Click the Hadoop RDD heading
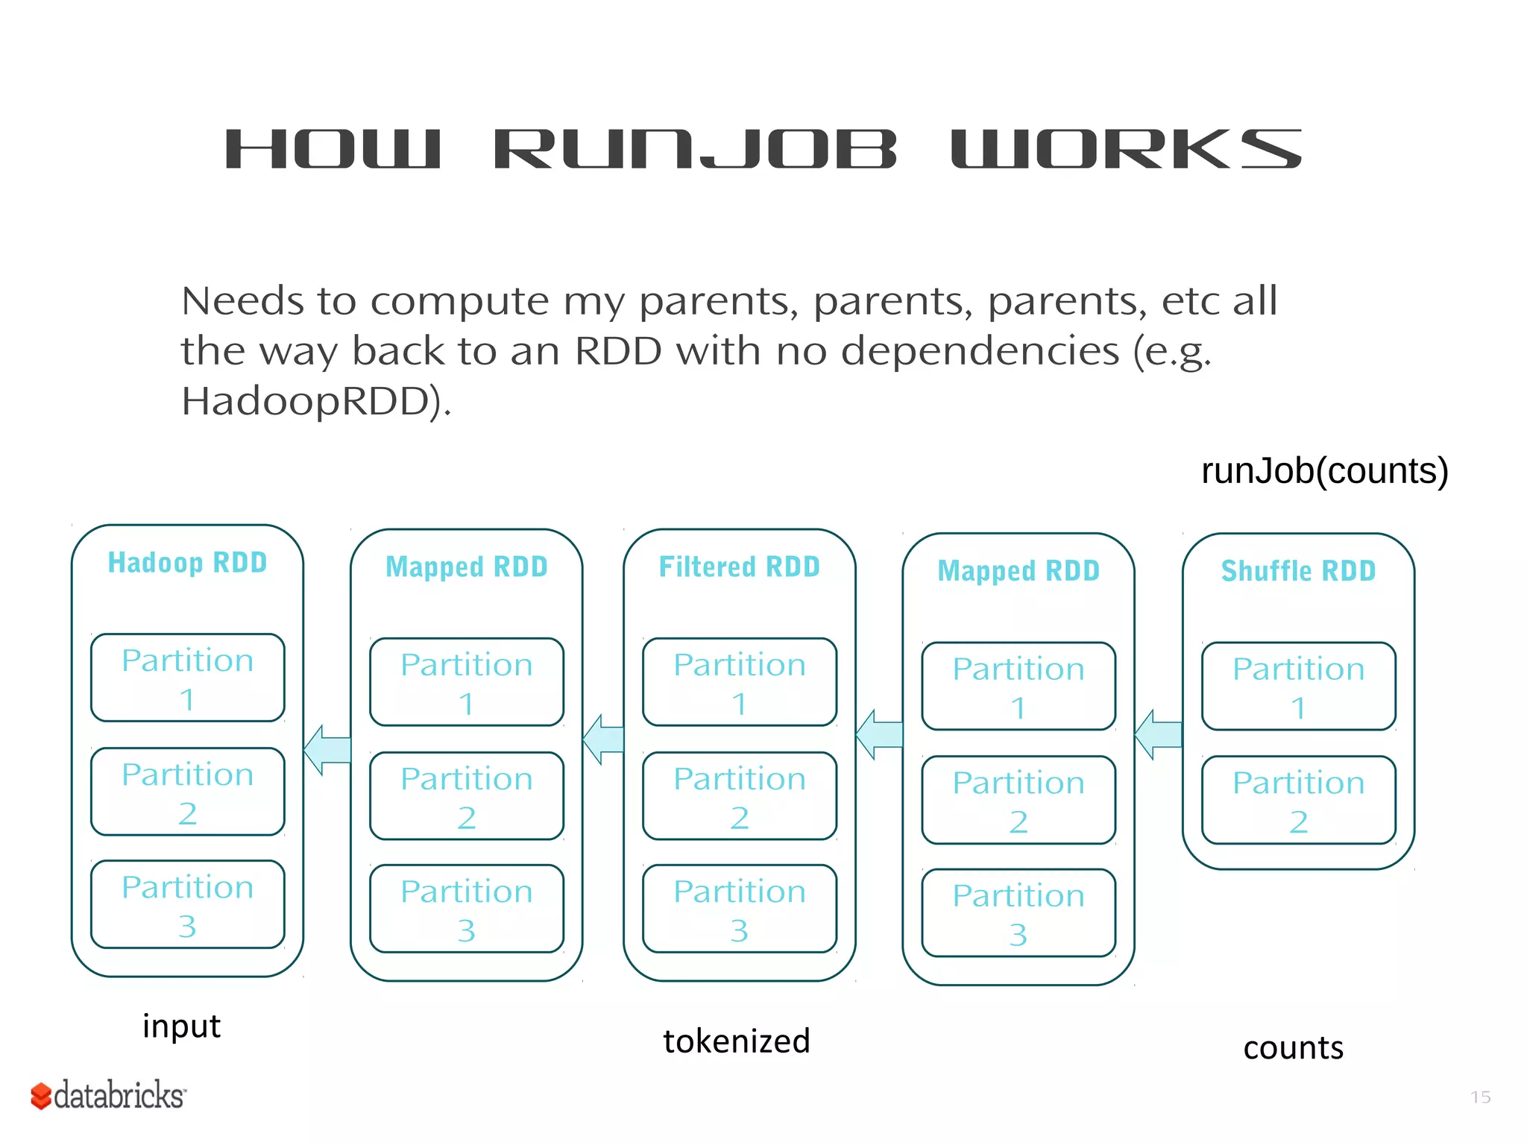(187, 563)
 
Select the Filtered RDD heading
(739, 567)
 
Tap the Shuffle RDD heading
(1298, 571)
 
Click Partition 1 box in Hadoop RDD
(187, 678)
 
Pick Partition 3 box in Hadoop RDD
(187, 904)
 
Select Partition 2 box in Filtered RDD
(739, 795)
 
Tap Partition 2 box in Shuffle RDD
(1298, 800)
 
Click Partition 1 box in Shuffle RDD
(1298, 686)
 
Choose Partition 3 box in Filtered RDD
(739, 909)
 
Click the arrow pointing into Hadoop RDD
(327, 749)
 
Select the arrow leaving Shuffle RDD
(1158, 734)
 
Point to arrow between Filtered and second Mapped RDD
(879, 734)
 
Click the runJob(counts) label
(1324, 471)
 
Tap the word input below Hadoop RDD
(181, 1026)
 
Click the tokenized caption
(736, 1041)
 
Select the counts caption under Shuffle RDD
(1293, 1048)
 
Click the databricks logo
(108, 1096)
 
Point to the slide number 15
(1480, 1097)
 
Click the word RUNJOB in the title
(695, 149)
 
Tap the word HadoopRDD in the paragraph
(313, 401)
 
